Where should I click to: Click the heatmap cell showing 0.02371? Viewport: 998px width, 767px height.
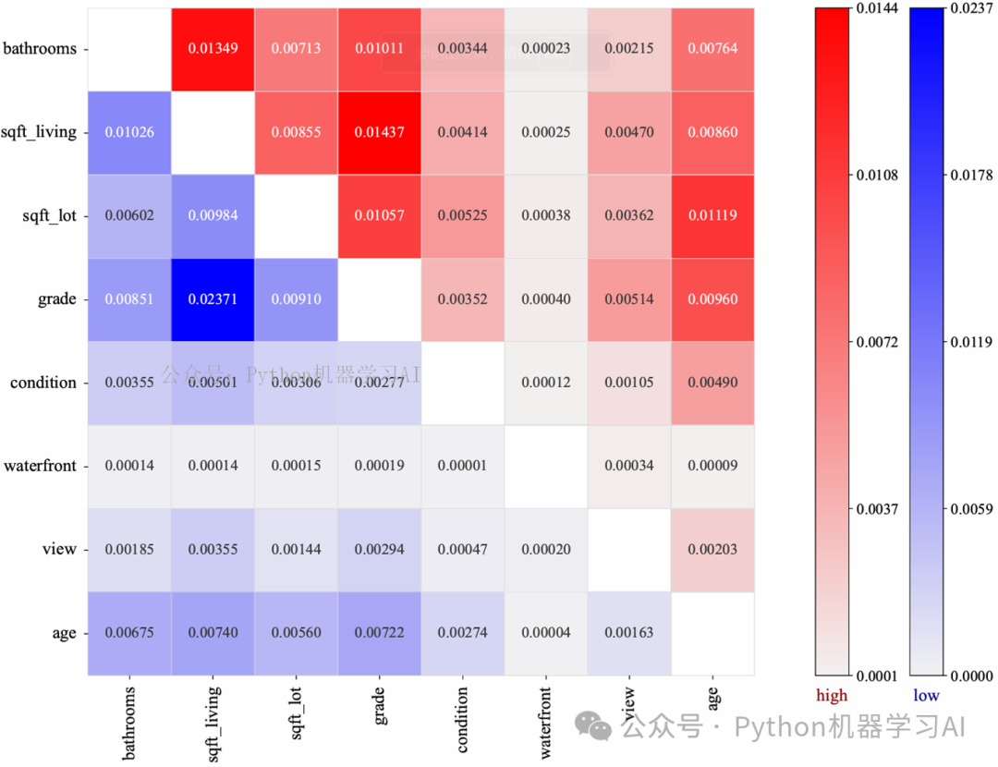click(x=213, y=299)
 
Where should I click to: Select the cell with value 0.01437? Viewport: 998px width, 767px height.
click(x=380, y=132)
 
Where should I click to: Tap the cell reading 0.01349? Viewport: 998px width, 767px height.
click(x=213, y=48)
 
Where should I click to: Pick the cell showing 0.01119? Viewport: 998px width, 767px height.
click(x=712, y=215)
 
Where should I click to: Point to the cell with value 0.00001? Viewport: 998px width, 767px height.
click(x=462, y=466)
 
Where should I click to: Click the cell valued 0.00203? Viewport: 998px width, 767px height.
click(x=712, y=549)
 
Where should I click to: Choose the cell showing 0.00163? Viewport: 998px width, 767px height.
click(x=628, y=633)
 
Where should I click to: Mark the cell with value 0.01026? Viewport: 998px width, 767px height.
click(x=129, y=132)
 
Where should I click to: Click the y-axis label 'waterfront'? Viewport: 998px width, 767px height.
click(x=40, y=466)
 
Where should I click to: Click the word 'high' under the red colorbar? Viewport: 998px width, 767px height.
click(x=831, y=695)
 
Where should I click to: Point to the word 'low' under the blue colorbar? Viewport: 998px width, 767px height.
click(x=926, y=695)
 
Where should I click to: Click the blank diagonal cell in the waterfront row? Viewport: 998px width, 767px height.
click(x=545, y=466)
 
